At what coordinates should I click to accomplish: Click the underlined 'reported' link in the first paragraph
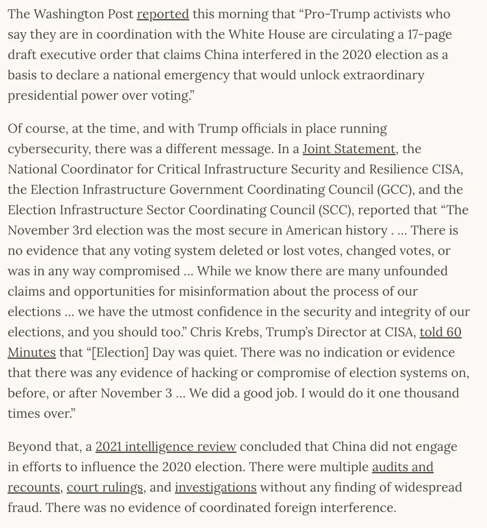[163, 14]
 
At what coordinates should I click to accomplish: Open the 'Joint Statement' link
[348, 149]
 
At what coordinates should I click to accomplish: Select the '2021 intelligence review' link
[166, 447]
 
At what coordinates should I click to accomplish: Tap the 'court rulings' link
[105, 487]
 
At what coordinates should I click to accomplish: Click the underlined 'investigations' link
[216, 487]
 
